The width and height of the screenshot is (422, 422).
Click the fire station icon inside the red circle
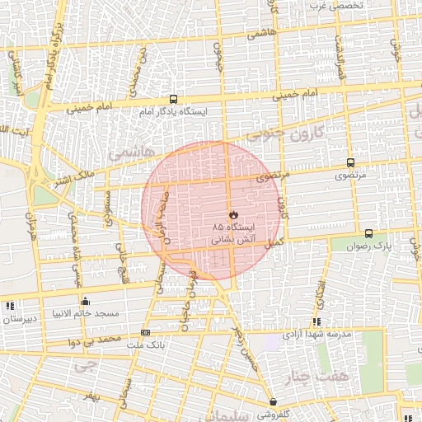point(233,213)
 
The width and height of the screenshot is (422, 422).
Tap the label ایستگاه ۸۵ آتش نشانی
point(234,232)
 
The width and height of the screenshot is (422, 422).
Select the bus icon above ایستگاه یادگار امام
point(172,98)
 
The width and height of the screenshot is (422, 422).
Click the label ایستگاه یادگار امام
point(173,110)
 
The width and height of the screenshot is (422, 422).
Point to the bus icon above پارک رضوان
point(368,233)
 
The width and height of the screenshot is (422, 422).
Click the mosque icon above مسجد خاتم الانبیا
point(85,301)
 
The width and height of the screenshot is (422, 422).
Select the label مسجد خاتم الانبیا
point(87,314)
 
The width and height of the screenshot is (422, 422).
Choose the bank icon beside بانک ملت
point(146,333)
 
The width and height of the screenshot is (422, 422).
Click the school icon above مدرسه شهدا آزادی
point(316,322)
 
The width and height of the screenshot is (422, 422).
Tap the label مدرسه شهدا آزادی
point(317,335)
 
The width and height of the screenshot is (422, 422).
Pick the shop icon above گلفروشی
point(273,402)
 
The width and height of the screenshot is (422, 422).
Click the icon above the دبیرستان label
point(10,306)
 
